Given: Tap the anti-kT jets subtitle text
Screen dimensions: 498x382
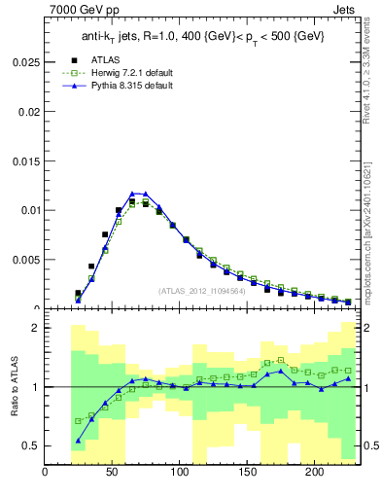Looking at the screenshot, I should click(x=202, y=36).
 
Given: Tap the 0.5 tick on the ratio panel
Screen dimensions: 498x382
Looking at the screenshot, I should click(x=31, y=445).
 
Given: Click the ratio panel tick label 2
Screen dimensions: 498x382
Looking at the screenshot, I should click(x=35, y=328).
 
